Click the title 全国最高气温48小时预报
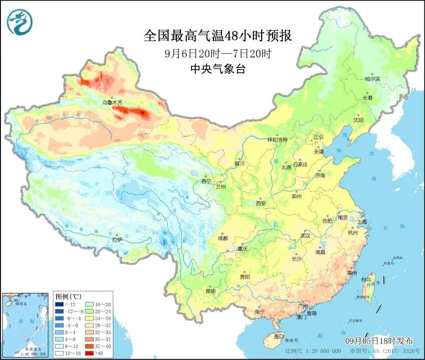[x=218, y=36]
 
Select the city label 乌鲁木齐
[x=112, y=102]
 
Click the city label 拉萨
[x=117, y=240]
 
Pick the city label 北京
[x=318, y=137]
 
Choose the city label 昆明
[x=210, y=291]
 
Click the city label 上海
[x=361, y=221]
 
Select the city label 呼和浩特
[x=277, y=140]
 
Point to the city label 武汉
[x=306, y=235]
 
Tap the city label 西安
[x=261, y=203]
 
